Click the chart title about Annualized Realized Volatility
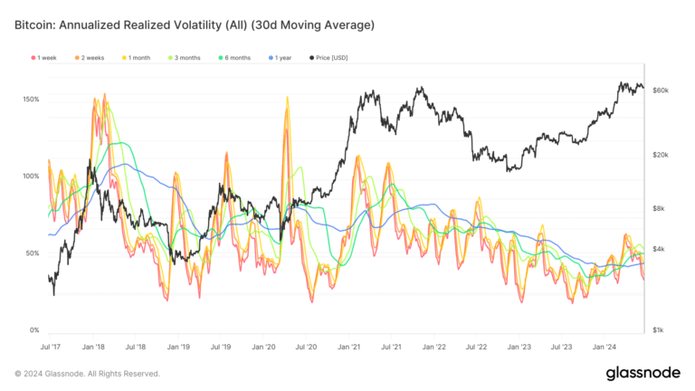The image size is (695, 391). (195, 24)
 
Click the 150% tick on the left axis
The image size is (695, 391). (30, 99)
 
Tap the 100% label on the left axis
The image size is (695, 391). (30, 176)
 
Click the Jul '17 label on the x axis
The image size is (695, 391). (52, 347)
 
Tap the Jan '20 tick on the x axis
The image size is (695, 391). (264, 347)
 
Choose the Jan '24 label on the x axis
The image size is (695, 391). (605, 347)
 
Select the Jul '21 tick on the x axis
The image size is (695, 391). (392, 347)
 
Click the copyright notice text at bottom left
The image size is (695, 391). (88, 373)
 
